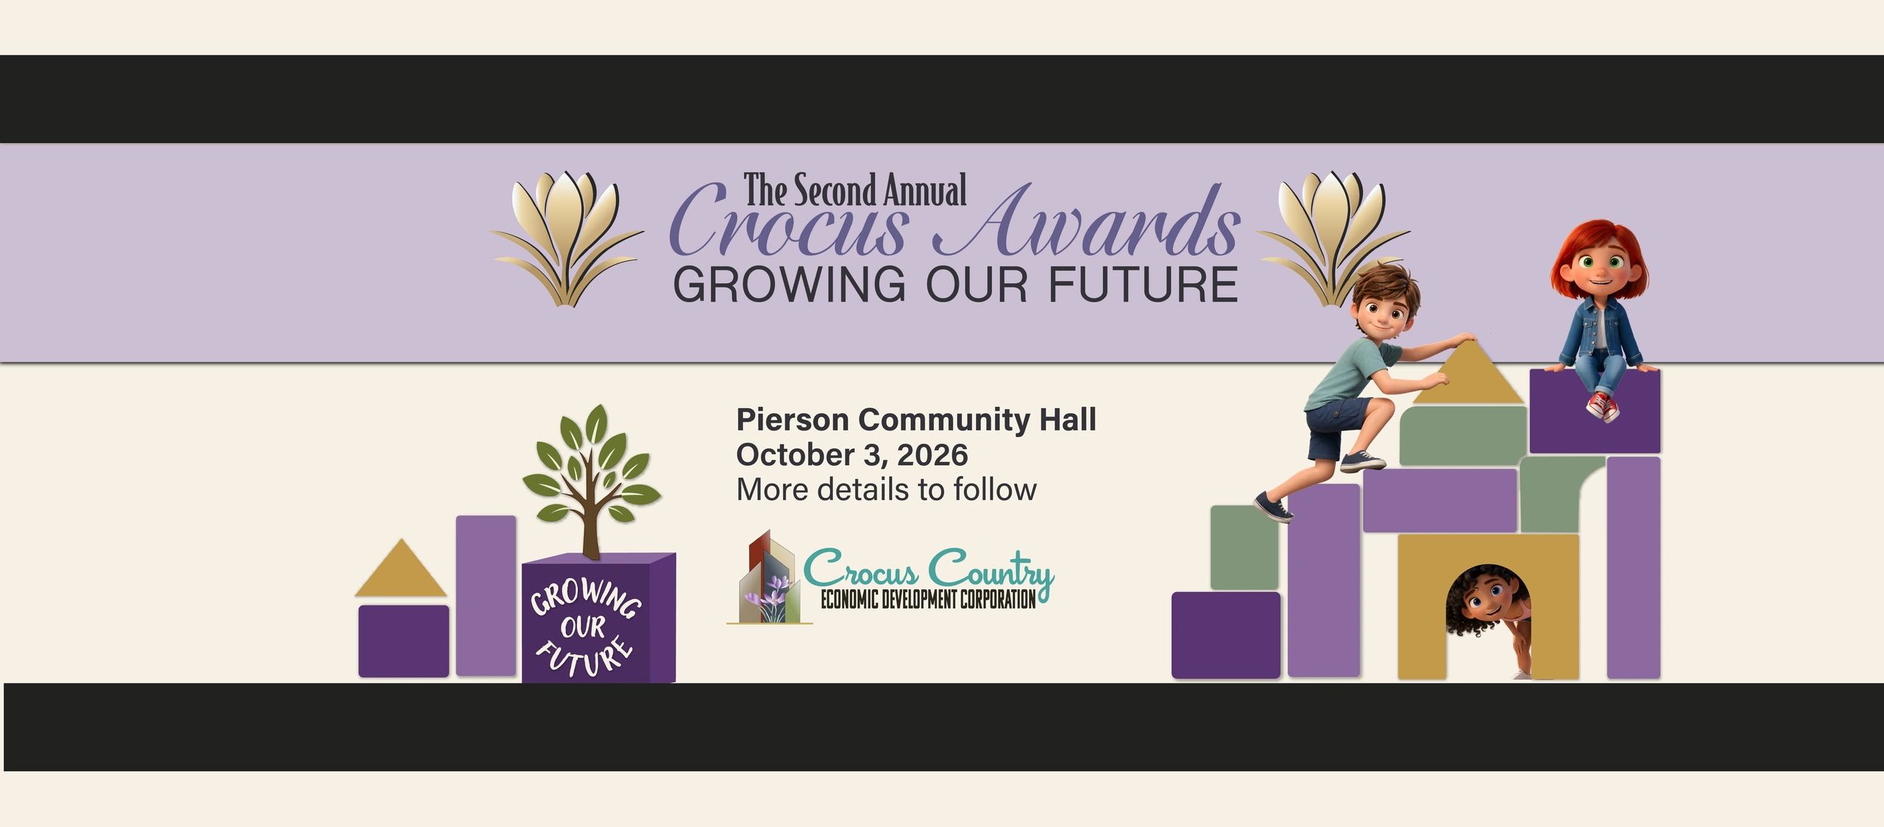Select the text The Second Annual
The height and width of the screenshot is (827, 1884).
854,191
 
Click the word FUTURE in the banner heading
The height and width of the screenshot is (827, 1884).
1143,285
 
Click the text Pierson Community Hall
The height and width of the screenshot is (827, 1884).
916,420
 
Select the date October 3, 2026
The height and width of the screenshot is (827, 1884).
852,455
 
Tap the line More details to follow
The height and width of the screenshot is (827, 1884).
886,489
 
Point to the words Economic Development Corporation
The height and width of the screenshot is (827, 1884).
928,599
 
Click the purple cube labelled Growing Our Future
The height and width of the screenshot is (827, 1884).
598,617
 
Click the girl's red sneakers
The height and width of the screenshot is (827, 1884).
1602,406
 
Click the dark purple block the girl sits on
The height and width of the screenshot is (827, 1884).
1595,411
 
